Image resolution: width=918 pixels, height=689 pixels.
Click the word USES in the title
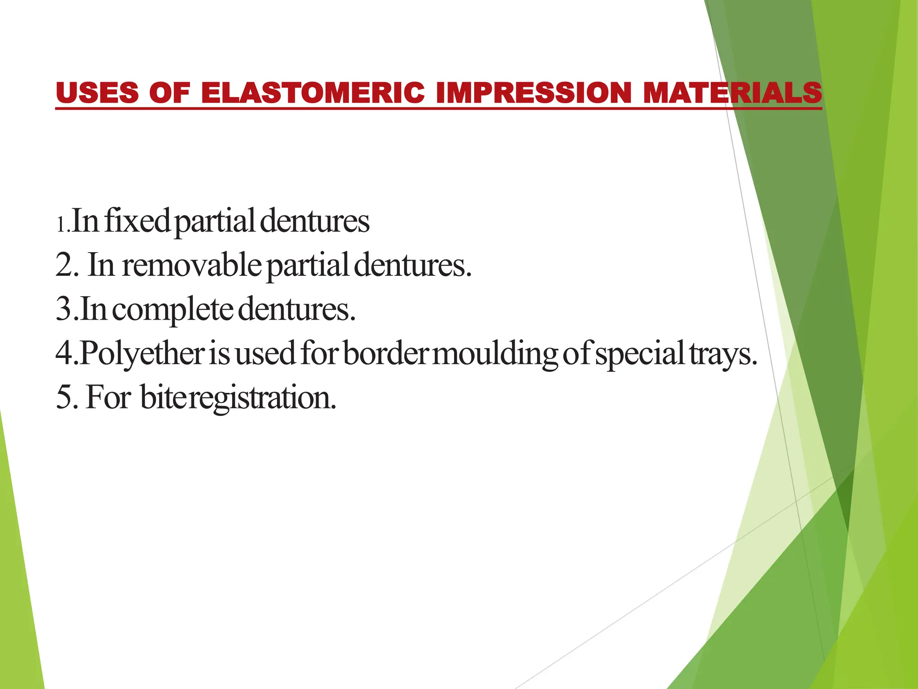point(97,93)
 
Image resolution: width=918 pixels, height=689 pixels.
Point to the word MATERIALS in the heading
point(732,93)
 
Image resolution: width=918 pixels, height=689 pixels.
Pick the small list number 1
point(61,224)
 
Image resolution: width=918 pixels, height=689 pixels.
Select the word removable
point(191,265)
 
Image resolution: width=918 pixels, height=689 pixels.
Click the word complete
point(172,310)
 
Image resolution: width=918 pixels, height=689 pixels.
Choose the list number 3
point(64,310)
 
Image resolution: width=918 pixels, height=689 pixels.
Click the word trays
point(720,353)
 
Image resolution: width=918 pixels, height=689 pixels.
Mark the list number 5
point(64,397)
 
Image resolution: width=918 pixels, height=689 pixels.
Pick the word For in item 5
point(108,397)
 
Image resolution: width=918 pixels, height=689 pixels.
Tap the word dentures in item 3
point(296,310)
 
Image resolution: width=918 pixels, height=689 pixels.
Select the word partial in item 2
point(308,266)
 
